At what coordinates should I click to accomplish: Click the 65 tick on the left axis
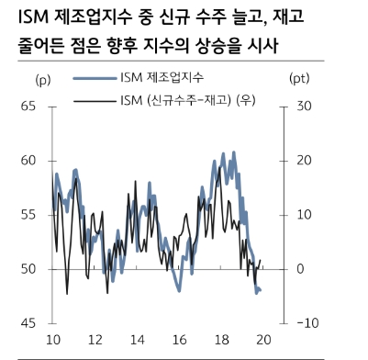click(x=27, y=107)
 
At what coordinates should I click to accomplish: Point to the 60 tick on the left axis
click(x=27, y=161)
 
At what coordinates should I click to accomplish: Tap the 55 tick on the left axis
click(x=27, y=215)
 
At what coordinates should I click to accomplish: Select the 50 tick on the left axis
click(x=27, y=269)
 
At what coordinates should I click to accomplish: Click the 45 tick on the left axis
click(x=27, y=323)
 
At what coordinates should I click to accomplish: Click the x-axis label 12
click(x=96, y=341)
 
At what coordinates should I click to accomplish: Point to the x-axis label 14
click(x=139, y=341)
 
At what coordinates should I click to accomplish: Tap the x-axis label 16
click(x=181, y=341)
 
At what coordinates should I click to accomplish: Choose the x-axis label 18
click(x=223, y=341)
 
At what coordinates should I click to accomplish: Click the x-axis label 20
click(x=265, y=341)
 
